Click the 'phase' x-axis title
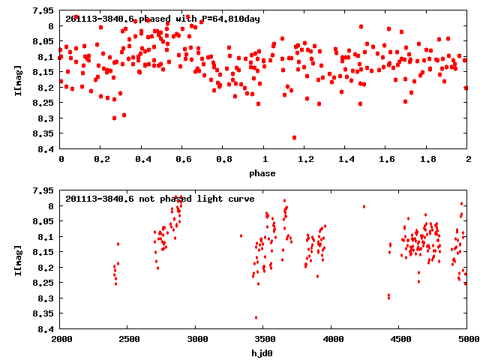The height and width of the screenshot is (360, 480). point(262,173)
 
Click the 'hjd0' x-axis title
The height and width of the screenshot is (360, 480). point(262,353)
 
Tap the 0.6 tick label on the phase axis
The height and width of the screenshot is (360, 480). point(182,159)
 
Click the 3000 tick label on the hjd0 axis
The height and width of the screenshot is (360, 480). point(196,339)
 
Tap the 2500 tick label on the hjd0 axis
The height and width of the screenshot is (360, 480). point(128,339)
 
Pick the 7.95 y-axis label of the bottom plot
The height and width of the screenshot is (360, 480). point(41,190)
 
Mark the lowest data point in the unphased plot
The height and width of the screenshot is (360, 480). point(256,317)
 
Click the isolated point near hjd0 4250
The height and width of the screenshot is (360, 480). point(364,206)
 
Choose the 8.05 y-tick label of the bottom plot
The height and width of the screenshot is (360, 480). point(41,221)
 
